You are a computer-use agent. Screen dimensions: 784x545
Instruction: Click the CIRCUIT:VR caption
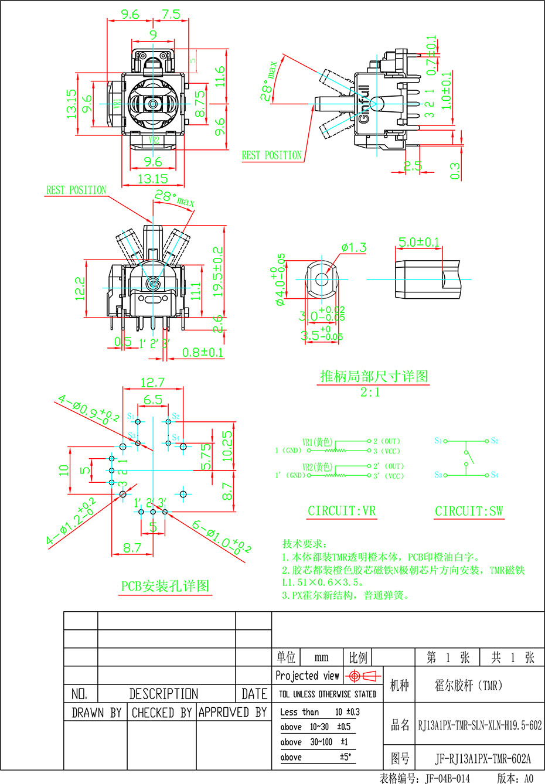[x=342, y=511]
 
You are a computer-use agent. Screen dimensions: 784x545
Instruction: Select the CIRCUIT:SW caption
[x=469, y=511]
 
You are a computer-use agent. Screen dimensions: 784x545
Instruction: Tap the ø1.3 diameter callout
[x=354, y=248]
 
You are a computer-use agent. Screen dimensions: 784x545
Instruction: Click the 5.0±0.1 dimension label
[x=419, y=242]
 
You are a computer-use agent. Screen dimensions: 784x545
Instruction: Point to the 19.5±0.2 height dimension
[x=219, y=271]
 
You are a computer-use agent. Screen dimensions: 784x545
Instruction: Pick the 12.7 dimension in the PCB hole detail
[x=152, y=382]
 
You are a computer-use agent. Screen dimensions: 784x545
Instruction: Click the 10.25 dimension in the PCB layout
[x=227, y=445]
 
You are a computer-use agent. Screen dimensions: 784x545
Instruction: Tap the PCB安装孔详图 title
[x=165, y=585]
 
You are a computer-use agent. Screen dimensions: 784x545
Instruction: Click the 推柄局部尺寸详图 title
[x=374, y=376]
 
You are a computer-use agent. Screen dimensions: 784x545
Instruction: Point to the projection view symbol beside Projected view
[x=361, y=676]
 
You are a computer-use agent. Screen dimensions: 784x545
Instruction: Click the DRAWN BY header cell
[x=96, y=713]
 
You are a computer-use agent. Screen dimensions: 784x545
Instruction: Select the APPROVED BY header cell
[x=233, y=713]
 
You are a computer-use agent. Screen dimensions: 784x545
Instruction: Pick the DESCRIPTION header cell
[x=163, y=694]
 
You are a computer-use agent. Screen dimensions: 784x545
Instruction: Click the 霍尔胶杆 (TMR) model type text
[x=468, y=685]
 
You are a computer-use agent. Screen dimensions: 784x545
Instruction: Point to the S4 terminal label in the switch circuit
[x=495, y=475]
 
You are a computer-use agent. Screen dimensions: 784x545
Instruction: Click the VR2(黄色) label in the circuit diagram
[x=317, y=467]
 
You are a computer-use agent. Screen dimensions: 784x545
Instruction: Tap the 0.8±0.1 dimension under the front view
[x=203, y=352]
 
